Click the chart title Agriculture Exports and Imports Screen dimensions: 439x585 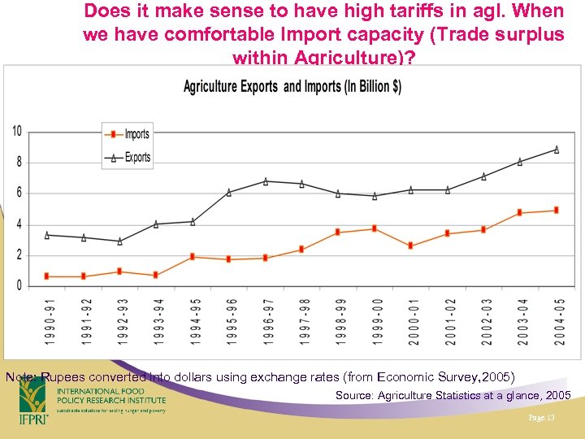[292, 87]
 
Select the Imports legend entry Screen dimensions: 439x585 [136, 134]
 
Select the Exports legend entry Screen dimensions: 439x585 [136, 157]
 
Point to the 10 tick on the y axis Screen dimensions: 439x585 [16, 132]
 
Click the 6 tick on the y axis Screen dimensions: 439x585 [19, 193]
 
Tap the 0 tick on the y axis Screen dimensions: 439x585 [19, 286]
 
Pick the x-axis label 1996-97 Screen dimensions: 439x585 [266, 321]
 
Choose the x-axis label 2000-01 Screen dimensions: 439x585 [412, 321]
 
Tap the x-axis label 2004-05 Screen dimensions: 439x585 [559, 321]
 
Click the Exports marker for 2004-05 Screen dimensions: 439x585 [557, 149]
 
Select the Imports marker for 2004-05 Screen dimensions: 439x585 [557, 210]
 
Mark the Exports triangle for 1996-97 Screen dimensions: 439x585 [266, 181]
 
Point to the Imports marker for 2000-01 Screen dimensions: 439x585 [411, 246]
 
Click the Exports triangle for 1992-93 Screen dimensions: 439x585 [119, 241]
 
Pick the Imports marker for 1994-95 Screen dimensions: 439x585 [193, 257]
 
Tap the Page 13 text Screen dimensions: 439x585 [539, 418]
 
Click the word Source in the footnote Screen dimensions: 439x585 [355, 395]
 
